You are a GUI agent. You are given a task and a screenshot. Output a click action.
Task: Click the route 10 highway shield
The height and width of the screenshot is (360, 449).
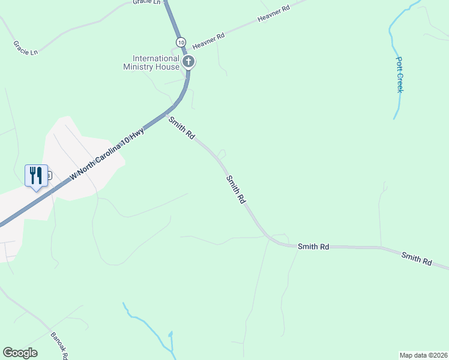pyautogui.click(x=181, y=41)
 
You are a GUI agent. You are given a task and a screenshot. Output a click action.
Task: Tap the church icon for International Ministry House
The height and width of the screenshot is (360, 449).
pyautogui.click(x=188, y=61)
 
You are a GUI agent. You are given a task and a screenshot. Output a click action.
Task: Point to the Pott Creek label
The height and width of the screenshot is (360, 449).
pyautogui.click(x=400, y=74)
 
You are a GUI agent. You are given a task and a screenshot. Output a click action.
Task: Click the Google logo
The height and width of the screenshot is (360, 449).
pyautogui.click(x=20, y=353)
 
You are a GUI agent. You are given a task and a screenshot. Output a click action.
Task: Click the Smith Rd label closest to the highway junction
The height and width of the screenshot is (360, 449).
pyautogui.click(x=181, y=128)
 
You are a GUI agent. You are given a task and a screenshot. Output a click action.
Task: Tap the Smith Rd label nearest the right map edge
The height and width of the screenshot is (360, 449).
pyautogui.click(x=417, y=259)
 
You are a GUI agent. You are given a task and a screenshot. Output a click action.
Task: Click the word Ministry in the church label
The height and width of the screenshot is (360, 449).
pyautogui.click(x=140, y=67)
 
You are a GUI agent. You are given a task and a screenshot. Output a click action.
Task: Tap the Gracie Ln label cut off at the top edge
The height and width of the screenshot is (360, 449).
pyautogui.click(x=148, y=2)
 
